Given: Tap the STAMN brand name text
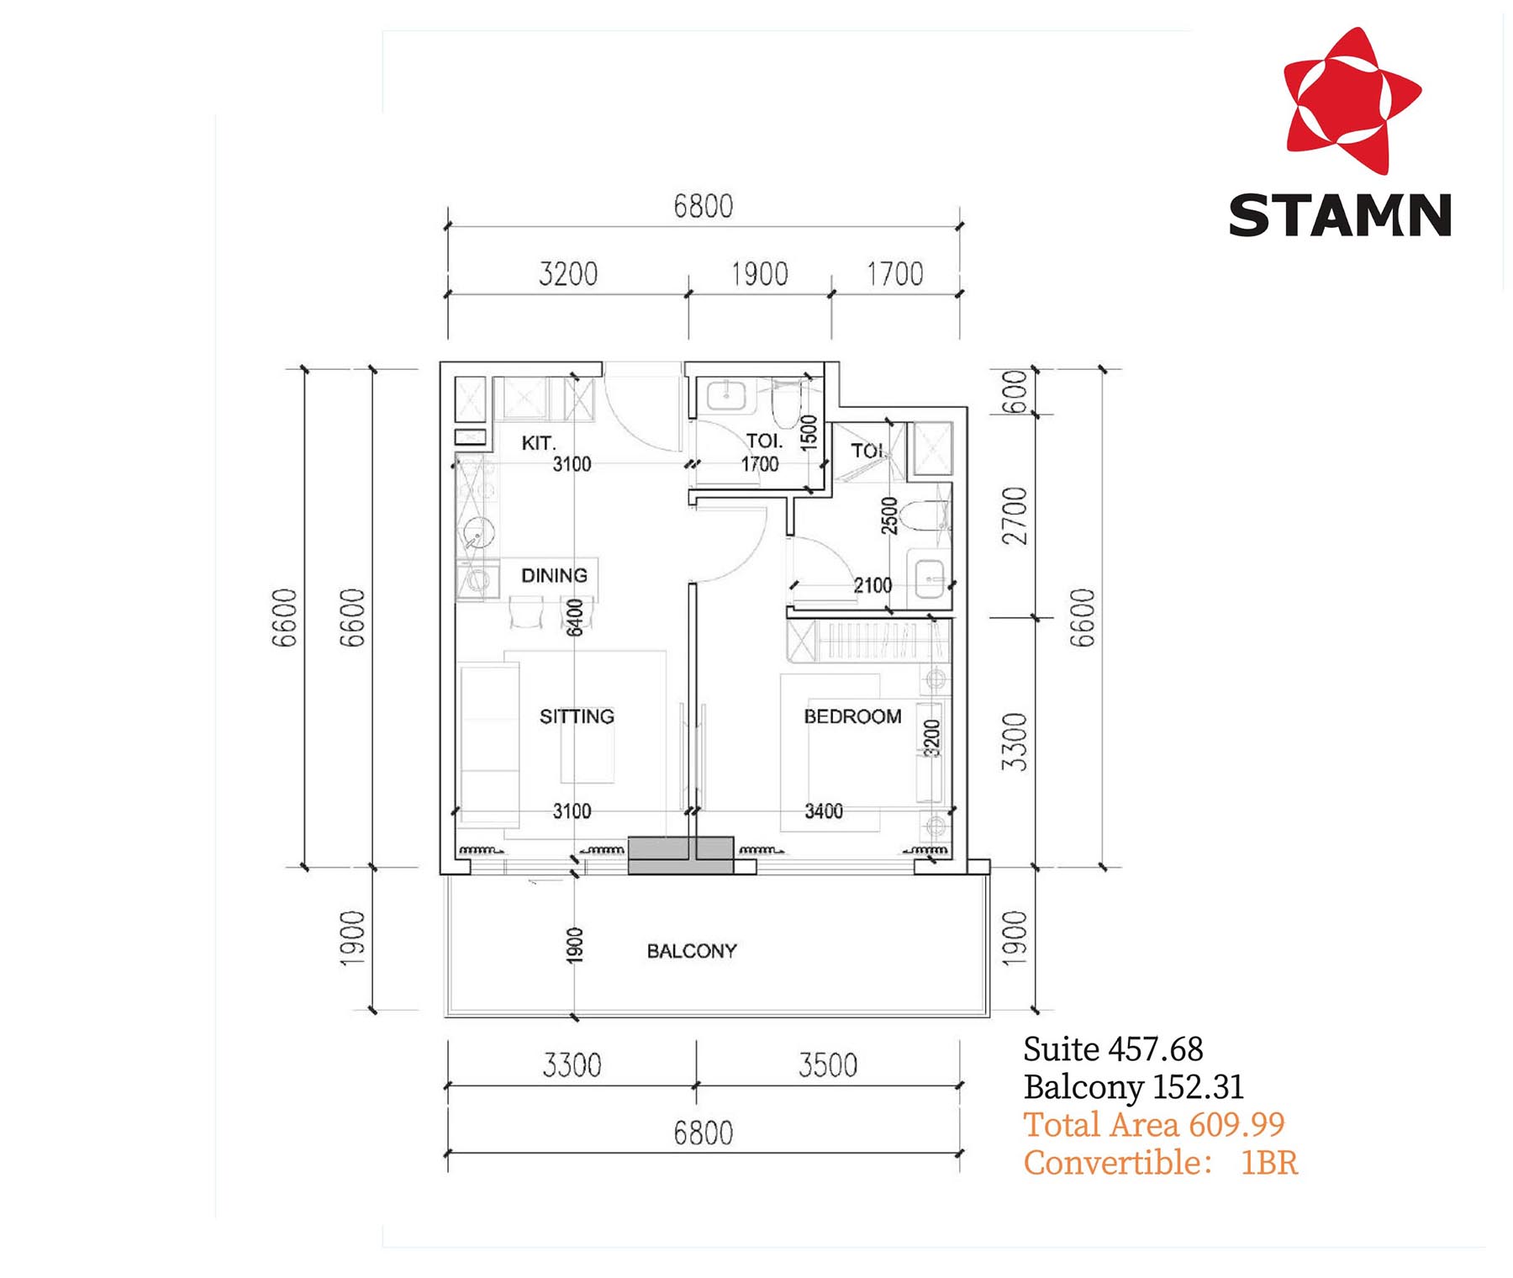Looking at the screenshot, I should pyautogui.click(x=1340, y=215).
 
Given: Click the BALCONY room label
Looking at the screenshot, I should pyautogui.click(x=692, y=951).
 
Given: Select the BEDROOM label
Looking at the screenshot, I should pyautogui.click(x=852, y=716).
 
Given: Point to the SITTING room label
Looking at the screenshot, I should pyautogui.click(x=577, y=716).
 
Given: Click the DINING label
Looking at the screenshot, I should pyautogui.click(x=554, y=576).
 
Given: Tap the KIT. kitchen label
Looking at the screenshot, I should pyautogui.click(x=538, y=443).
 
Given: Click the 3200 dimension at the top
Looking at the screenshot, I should pyautogui.click(x=568, y=274).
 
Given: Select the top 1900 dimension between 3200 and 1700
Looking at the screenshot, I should pyautogui.click(x=760, y=274).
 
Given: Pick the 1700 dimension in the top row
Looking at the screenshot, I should pyautogui.click(x=895, y=274).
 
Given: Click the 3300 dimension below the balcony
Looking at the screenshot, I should pyautogui.click(x=572, y=1065).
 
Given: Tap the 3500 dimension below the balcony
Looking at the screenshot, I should pyautogui.click(x=828, y=1065).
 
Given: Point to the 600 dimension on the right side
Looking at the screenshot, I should pyautogui.click(x=1015, y=392).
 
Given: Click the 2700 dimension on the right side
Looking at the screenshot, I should pyautogui.click(x=1015, y=516).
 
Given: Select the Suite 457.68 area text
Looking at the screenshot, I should pyautogui.click(x=1113, y=1049).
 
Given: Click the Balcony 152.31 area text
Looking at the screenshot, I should pyautogui.click(x=1133, y=1087).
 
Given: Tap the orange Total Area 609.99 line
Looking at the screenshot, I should pyautogui.click(x=1153, y=1125).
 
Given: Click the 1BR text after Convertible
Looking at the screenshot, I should pyautogui.click(x=1269, y=1163).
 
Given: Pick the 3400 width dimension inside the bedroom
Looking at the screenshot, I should pyautogui.click(x=824, y=811).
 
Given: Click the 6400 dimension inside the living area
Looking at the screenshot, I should pyautogui.click(x=574, y=618).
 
